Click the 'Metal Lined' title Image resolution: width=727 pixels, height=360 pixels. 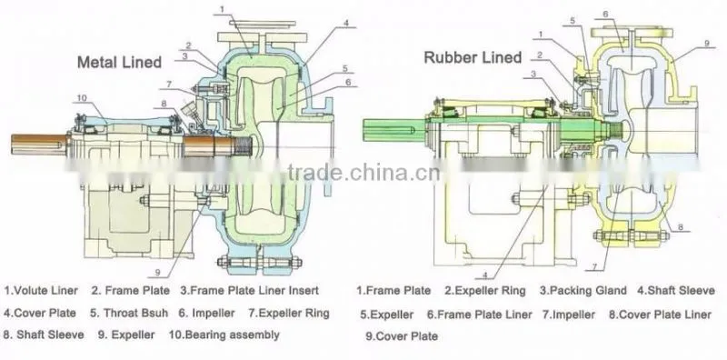(x=119, y=62)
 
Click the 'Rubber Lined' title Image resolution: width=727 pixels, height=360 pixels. (x=473, y=57)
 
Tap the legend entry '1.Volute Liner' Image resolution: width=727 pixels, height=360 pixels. (x=41, y=291)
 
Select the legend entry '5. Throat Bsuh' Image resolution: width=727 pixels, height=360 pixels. (x=129, y=313)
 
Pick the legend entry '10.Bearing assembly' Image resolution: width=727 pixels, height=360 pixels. (x=224, y=335)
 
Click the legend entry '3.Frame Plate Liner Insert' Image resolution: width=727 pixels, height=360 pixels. (x=249, y=291)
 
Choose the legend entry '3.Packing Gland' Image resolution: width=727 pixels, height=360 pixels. (x=583, y=291)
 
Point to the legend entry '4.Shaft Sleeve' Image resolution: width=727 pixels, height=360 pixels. (x=675, y=291)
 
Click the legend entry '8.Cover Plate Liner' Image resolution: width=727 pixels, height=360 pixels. (x=660, y=315)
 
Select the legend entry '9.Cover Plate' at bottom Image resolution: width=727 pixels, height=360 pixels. (x=402, y=335)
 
